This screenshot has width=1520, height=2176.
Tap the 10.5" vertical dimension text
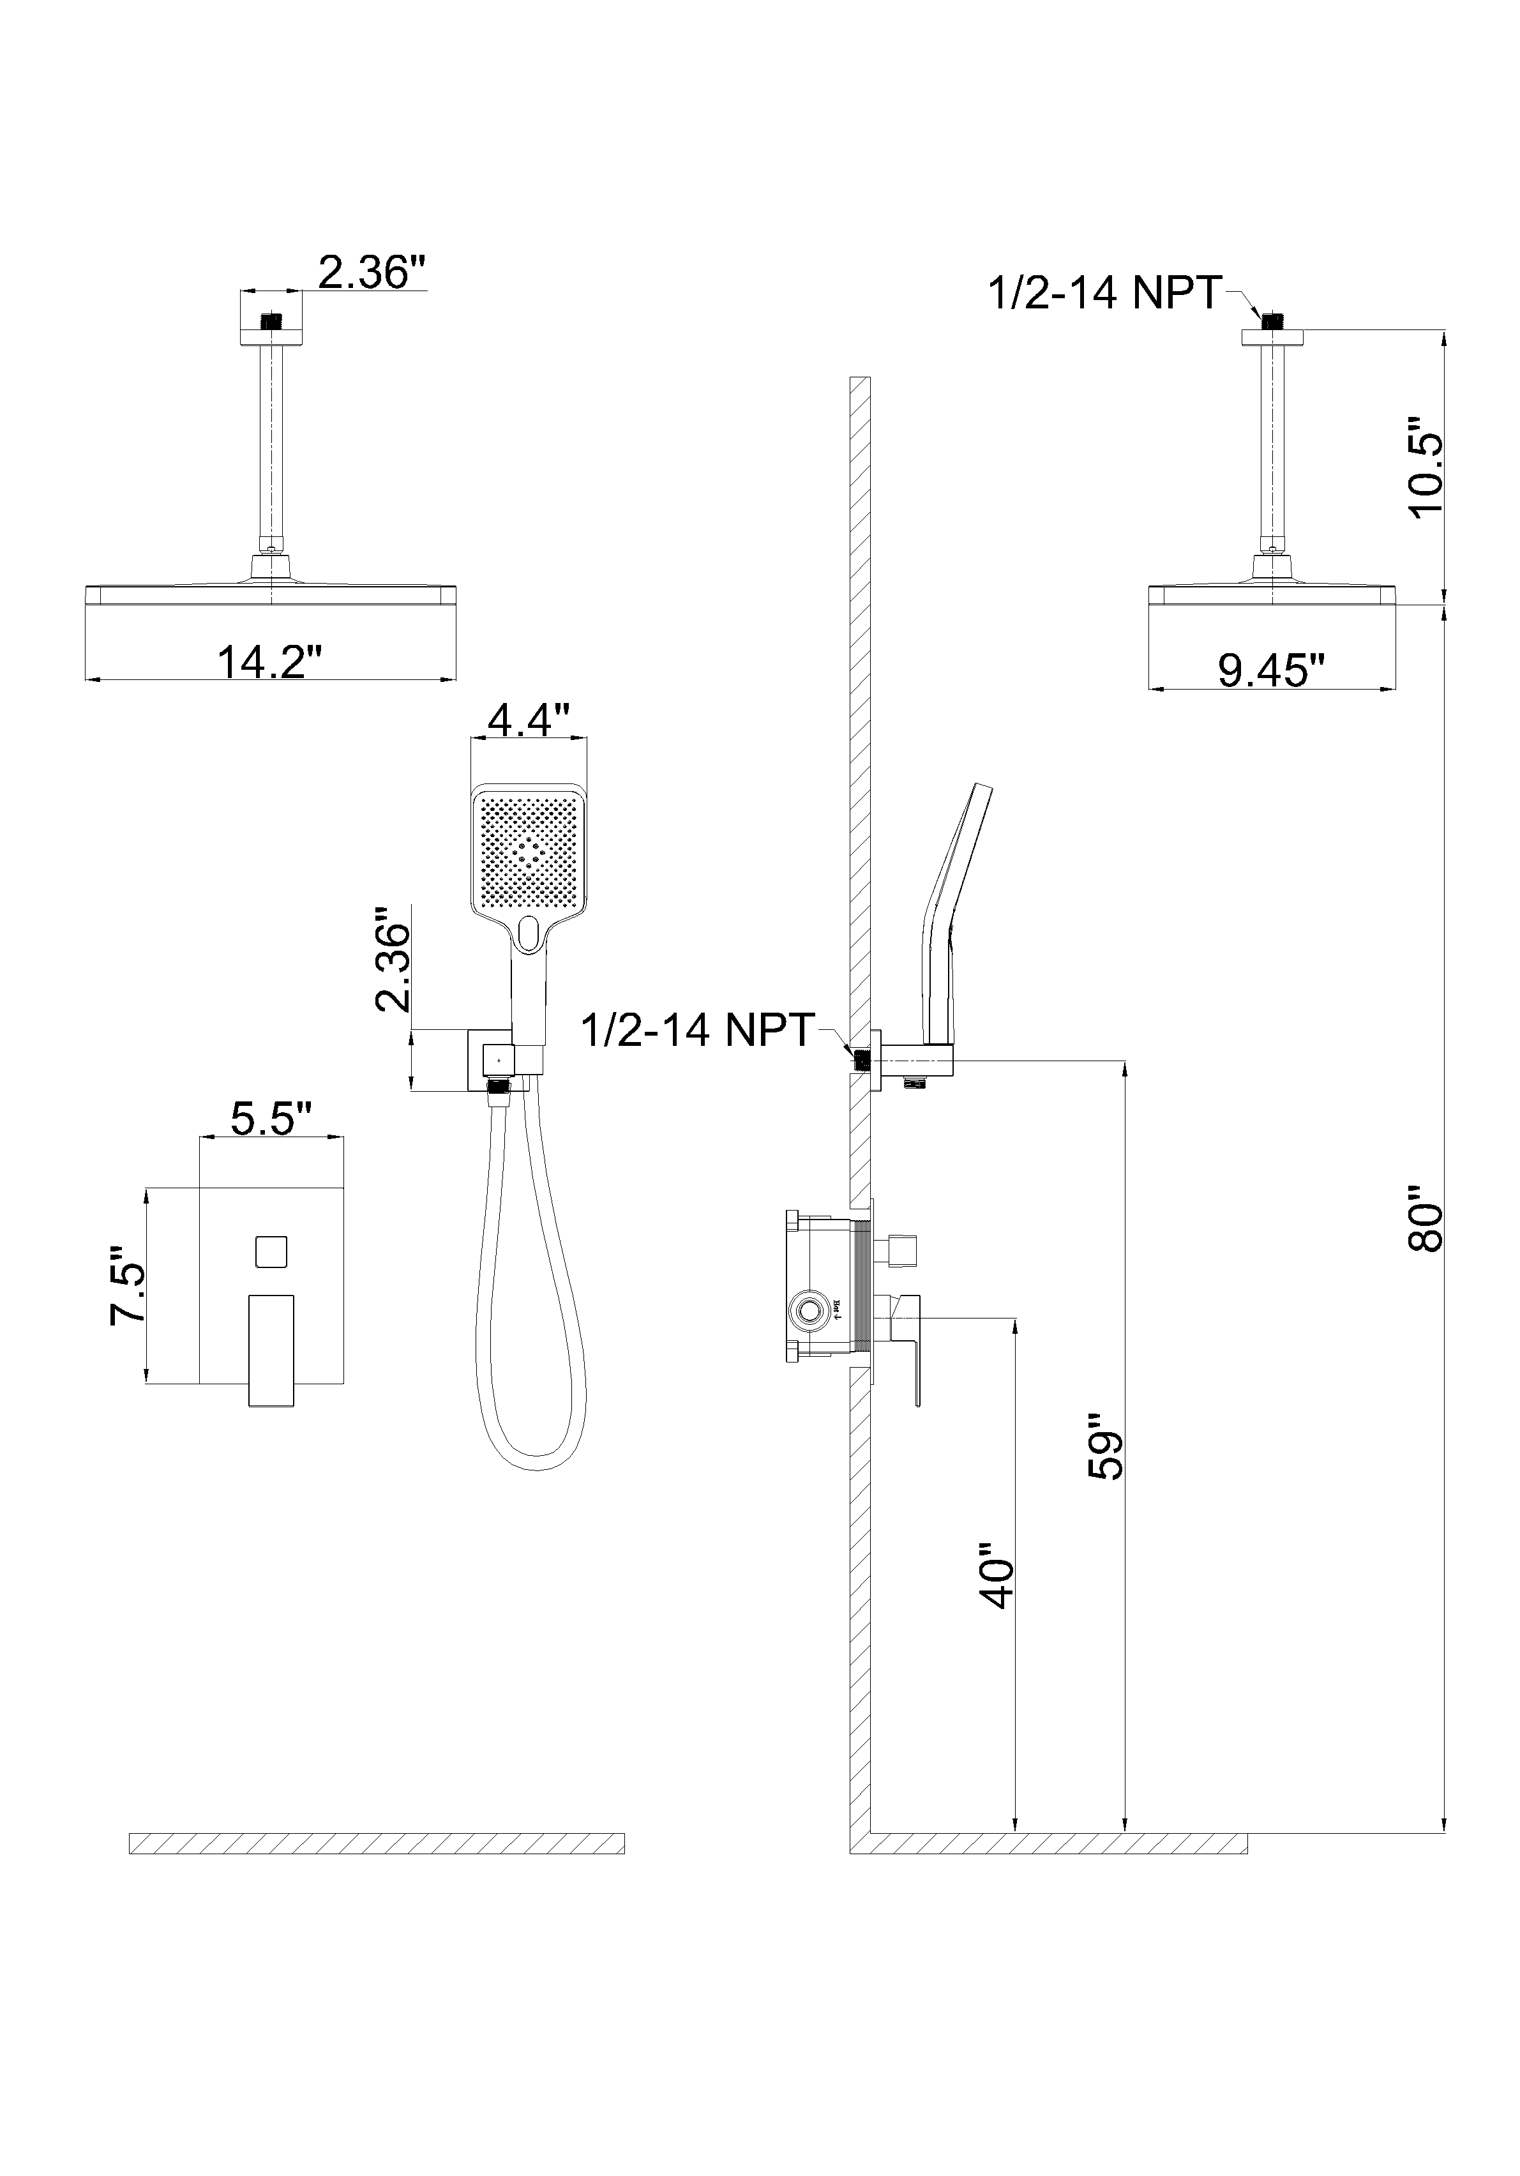1424,465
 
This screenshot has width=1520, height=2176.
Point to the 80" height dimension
1424,1218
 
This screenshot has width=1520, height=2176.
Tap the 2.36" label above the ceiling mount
370,272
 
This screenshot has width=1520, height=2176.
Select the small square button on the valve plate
271,1252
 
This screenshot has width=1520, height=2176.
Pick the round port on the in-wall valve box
808,1311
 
